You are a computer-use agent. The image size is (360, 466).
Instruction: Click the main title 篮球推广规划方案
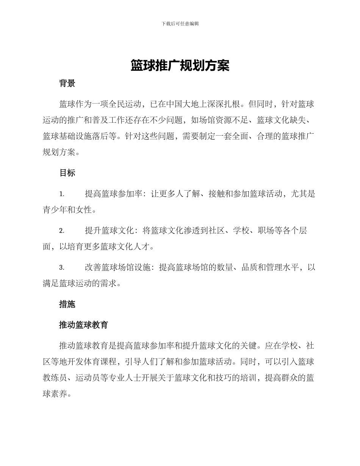(x=180, y=66)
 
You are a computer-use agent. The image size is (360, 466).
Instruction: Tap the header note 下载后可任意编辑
(x=180, y=23)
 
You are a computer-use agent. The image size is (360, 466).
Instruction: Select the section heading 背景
(x=67, y=84)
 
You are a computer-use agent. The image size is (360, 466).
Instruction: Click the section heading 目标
(x=67, y=173)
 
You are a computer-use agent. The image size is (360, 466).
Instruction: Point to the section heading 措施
(x=67, y=304)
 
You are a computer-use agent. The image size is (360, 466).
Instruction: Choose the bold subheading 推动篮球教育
(x=84, y=325)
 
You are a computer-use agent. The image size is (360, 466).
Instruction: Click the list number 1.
(x=61, y=194)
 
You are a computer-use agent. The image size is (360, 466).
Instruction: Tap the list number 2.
(x=61, y=231)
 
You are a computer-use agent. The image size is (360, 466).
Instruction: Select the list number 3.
(x=61, y=268)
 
